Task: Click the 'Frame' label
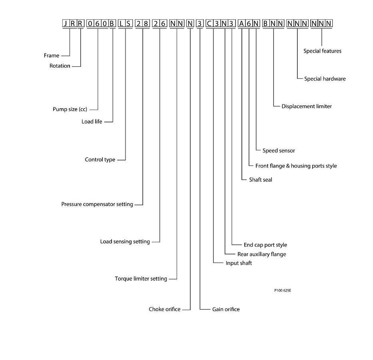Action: coord(52,56)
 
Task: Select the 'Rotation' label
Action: coord(60,66)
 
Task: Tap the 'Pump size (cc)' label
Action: coord(70,109)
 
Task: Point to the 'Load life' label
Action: coord(92,122)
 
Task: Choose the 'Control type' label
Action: coord(100,160)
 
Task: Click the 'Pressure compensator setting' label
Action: coord(97,204)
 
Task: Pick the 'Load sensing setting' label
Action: coord(125,242)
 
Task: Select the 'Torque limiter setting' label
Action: coord(141,279)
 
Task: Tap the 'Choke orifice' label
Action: coord(165,309)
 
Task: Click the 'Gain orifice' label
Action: coord(226,309)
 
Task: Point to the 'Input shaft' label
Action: coord(239,263)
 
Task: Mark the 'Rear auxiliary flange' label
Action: coord(262,254)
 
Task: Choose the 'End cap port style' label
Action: coord(265,245)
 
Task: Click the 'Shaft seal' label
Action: coord(261,180)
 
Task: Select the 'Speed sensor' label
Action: coord(279,151)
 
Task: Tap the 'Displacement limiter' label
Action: coord(306,106)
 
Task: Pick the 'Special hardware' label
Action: coord(325,79)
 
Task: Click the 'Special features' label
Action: coord(322,51)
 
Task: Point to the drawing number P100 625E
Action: coord(283,290)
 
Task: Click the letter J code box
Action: coord(66,23)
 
